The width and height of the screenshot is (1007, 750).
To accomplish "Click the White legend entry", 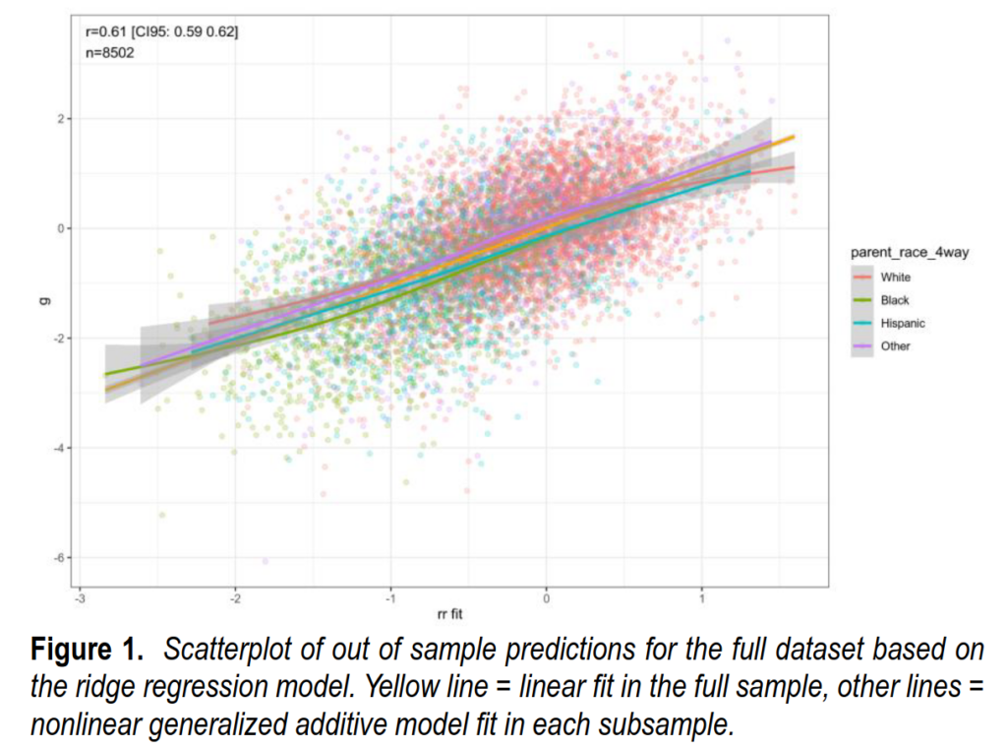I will tap(895, 278).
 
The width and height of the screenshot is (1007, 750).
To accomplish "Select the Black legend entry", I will tap(895, 300).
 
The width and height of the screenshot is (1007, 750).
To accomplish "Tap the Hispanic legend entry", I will tap(902, 323).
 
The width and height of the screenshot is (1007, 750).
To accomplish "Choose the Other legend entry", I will tap(895, 346).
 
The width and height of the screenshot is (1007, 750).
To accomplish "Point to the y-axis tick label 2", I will tap(61, 118).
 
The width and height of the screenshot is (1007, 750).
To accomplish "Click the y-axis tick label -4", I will tap(59, 448).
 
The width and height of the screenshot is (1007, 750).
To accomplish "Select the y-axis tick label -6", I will tap(59, 558).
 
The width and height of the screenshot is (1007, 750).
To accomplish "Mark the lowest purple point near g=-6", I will tap(265, 561).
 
